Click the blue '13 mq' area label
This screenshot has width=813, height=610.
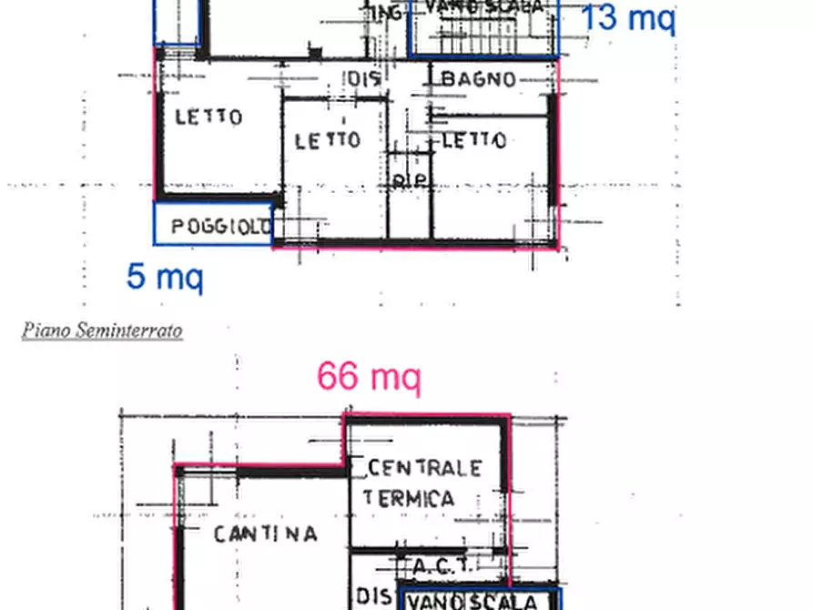[x=628, y=17]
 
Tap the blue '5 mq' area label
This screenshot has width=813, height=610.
[x=165, y=276]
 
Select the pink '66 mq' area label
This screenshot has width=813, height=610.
[x=369, y=375]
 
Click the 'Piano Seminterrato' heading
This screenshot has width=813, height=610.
[x=102, y=330]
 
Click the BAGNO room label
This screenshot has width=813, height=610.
[x=478, y=79]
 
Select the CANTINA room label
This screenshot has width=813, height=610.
[x=265, y=534]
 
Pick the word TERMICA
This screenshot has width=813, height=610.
[x=408, y=498]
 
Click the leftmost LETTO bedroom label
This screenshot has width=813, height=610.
[x=208, y=117]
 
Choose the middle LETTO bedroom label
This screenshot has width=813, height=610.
[x=328, y=140]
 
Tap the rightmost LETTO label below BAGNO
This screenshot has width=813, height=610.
[x=474, y=140]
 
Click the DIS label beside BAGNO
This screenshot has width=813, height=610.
[x=363, y=79]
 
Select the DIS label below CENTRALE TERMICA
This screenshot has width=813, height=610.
[x=373, y=596]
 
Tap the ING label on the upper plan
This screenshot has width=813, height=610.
[x=385, y=13]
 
